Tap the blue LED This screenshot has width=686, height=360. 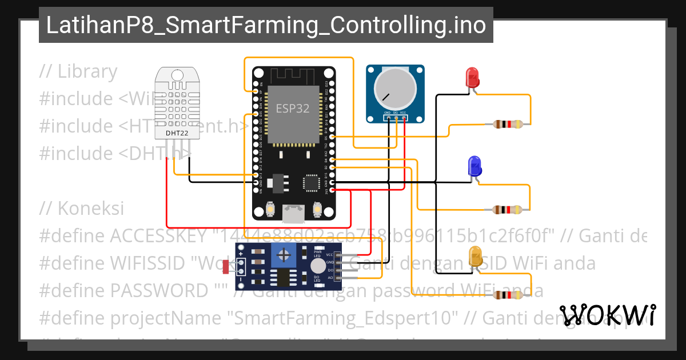(474, 166)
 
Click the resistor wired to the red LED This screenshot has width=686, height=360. (508, 123)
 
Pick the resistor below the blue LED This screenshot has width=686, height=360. (508, 210)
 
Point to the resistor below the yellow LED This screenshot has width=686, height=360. (508, 295)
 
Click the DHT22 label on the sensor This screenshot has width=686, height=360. (177, 133)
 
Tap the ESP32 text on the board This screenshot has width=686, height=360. (293, 108)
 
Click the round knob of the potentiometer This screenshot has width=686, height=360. (395, 89)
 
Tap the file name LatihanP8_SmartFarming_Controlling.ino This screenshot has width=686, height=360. (266, 25)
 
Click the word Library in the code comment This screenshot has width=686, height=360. (87, 71)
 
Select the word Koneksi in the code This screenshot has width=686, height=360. (90, 209)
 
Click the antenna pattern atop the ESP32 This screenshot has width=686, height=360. (293, 75)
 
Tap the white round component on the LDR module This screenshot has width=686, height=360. (318, 266)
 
